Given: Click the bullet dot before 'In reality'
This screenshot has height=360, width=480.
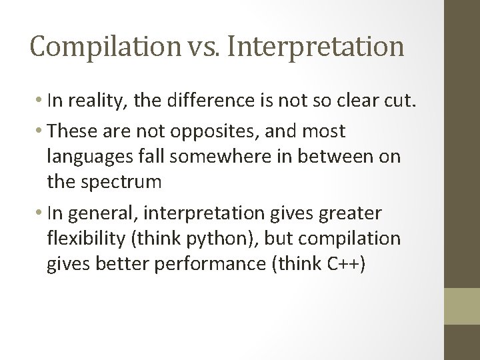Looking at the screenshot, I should [41, 101].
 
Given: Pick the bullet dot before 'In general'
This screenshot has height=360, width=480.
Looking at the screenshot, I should [41, 213].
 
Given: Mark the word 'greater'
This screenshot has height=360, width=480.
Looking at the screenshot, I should [350, 213].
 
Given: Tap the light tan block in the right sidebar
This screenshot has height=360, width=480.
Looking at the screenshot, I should [462, 306].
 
